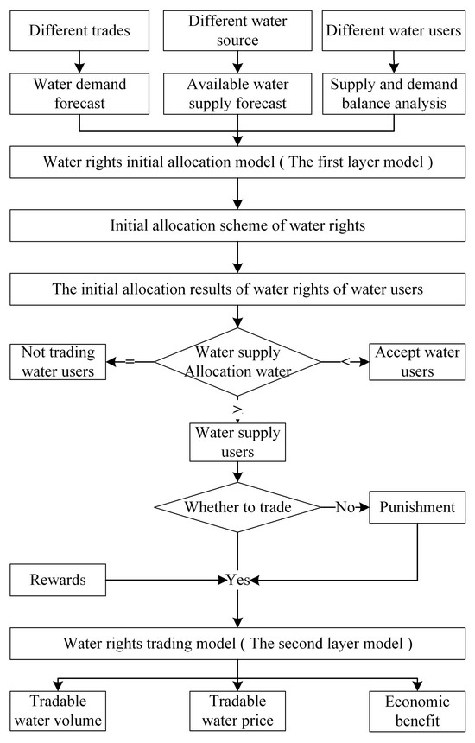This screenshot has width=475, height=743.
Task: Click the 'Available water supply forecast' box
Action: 237,92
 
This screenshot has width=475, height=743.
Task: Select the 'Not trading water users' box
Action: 58,361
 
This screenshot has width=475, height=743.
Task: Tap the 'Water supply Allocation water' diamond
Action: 237,361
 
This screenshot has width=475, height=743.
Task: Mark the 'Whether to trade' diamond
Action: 237,508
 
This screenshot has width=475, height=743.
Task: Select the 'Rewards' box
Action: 58,580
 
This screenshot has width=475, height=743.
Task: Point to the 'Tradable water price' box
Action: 237,709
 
